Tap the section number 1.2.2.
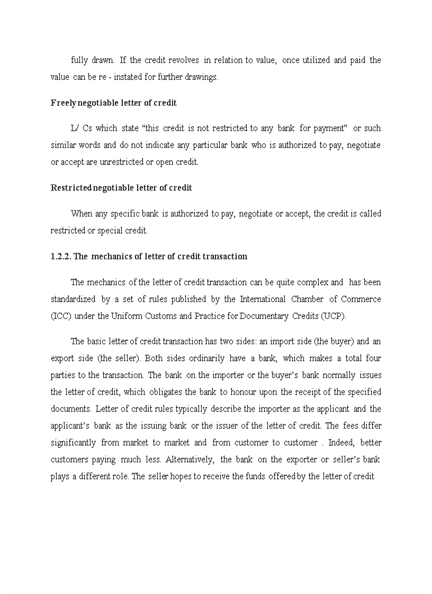(61, 257)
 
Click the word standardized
(73, 299)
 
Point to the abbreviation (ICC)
(60, 316)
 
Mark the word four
(373, 358)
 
